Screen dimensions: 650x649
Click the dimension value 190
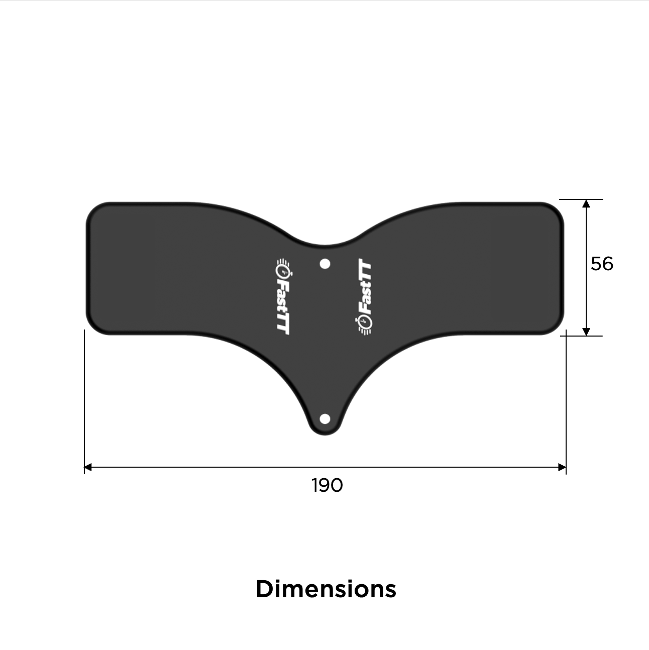point(327,485)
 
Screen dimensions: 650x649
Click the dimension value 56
point(602,264)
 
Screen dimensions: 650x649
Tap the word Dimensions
point(326,589)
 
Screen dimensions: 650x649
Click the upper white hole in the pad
point(325,264)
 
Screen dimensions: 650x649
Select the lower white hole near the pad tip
point(325,418)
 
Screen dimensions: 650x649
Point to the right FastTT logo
point(365,296)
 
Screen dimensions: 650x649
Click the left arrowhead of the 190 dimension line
point(88,467)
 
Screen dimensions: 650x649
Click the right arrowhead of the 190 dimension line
point(563,467)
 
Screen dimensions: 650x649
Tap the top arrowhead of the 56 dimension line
point(586,203)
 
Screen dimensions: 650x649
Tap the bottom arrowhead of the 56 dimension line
point(586,332)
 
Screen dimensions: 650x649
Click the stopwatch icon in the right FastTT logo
point(365,324)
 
